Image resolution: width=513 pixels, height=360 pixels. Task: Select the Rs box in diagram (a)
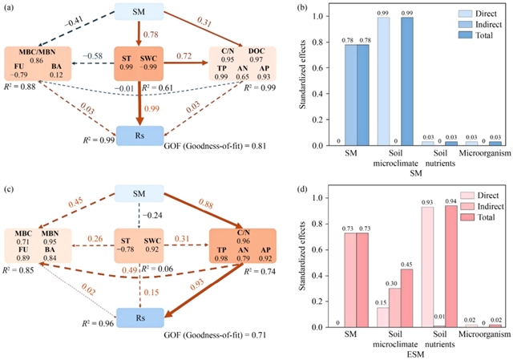139,136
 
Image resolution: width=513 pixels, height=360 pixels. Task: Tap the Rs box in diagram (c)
139,318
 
